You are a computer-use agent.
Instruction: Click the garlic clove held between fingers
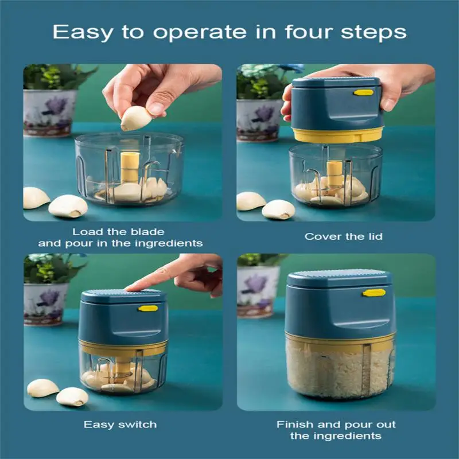pyautogui.click(x=135, y=118)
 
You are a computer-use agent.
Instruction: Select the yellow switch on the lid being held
pyautogui.click(x=363, y=93)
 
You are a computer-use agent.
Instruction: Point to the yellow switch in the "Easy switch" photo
pyautogui.click(x=148, y=308)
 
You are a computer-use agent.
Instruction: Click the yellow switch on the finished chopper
pyautogui.click(x=374, y=293)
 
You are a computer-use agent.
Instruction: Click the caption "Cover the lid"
pyautogui.click(x=343, y=236)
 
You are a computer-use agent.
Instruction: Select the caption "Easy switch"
pyautogui.click(x=120, y=425)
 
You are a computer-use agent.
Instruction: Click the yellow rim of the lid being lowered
pyautogui.click(x=338, y=135)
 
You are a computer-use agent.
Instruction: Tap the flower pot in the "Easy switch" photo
pyautogui.click(x=45, y=304)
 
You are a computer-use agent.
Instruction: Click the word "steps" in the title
pyautogui.click(x=374, y=32)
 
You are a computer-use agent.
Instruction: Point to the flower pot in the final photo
pyautogui.click(x=258, y=291)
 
